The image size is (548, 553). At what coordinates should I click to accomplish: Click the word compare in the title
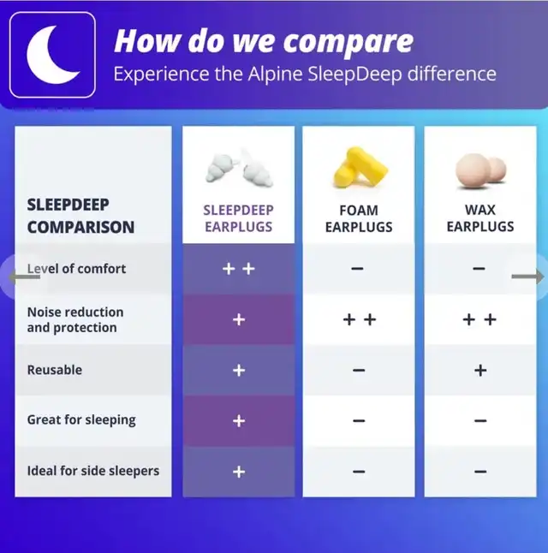pyautogui.click(x=348, y=42)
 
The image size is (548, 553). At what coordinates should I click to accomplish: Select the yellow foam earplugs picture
pyautogui.click(x=360, y=167)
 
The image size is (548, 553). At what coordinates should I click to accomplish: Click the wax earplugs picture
pyautogui.click(x=480, y=170)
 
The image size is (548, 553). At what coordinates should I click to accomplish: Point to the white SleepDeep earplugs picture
pyautogui.click(x=239, y=168)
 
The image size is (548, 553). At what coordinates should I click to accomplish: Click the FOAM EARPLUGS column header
pyautogui.click(x=359, y=218)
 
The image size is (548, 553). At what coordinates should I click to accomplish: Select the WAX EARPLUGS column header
pyautogui.click(x=480, y=218)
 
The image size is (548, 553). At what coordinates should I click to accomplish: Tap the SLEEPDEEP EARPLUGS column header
pyautogui.click(x=239, y=218)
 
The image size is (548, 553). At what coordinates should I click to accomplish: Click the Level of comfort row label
pyautogui.click(x=76, y=269)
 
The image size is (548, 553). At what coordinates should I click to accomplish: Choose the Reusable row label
pyautogui.click(x=55, y=370)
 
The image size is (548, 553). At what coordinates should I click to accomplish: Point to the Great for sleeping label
pyautogui.click(x=81, y=420)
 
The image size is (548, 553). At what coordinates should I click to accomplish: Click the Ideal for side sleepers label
pyautogui.click(x=93, y=471)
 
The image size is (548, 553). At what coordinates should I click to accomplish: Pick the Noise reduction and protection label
pyautogui.click(x=75, y=320)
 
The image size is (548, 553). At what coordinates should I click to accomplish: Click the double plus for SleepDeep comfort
pyautogui.click(x=239, y=269)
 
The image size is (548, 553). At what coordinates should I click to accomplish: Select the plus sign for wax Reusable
pyautogui.click(x=480, y=371)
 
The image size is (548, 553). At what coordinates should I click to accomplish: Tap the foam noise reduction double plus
pyautogui.click(x=360, y=319)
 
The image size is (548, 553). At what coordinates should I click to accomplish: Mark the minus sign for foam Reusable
pyautogui.click(x=359, y=371)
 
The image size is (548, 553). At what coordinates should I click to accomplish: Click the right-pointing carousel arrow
pyautogui.click(x=527, y=276)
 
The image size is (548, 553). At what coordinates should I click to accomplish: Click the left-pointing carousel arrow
pyautogui.click(x=24, y=276)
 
